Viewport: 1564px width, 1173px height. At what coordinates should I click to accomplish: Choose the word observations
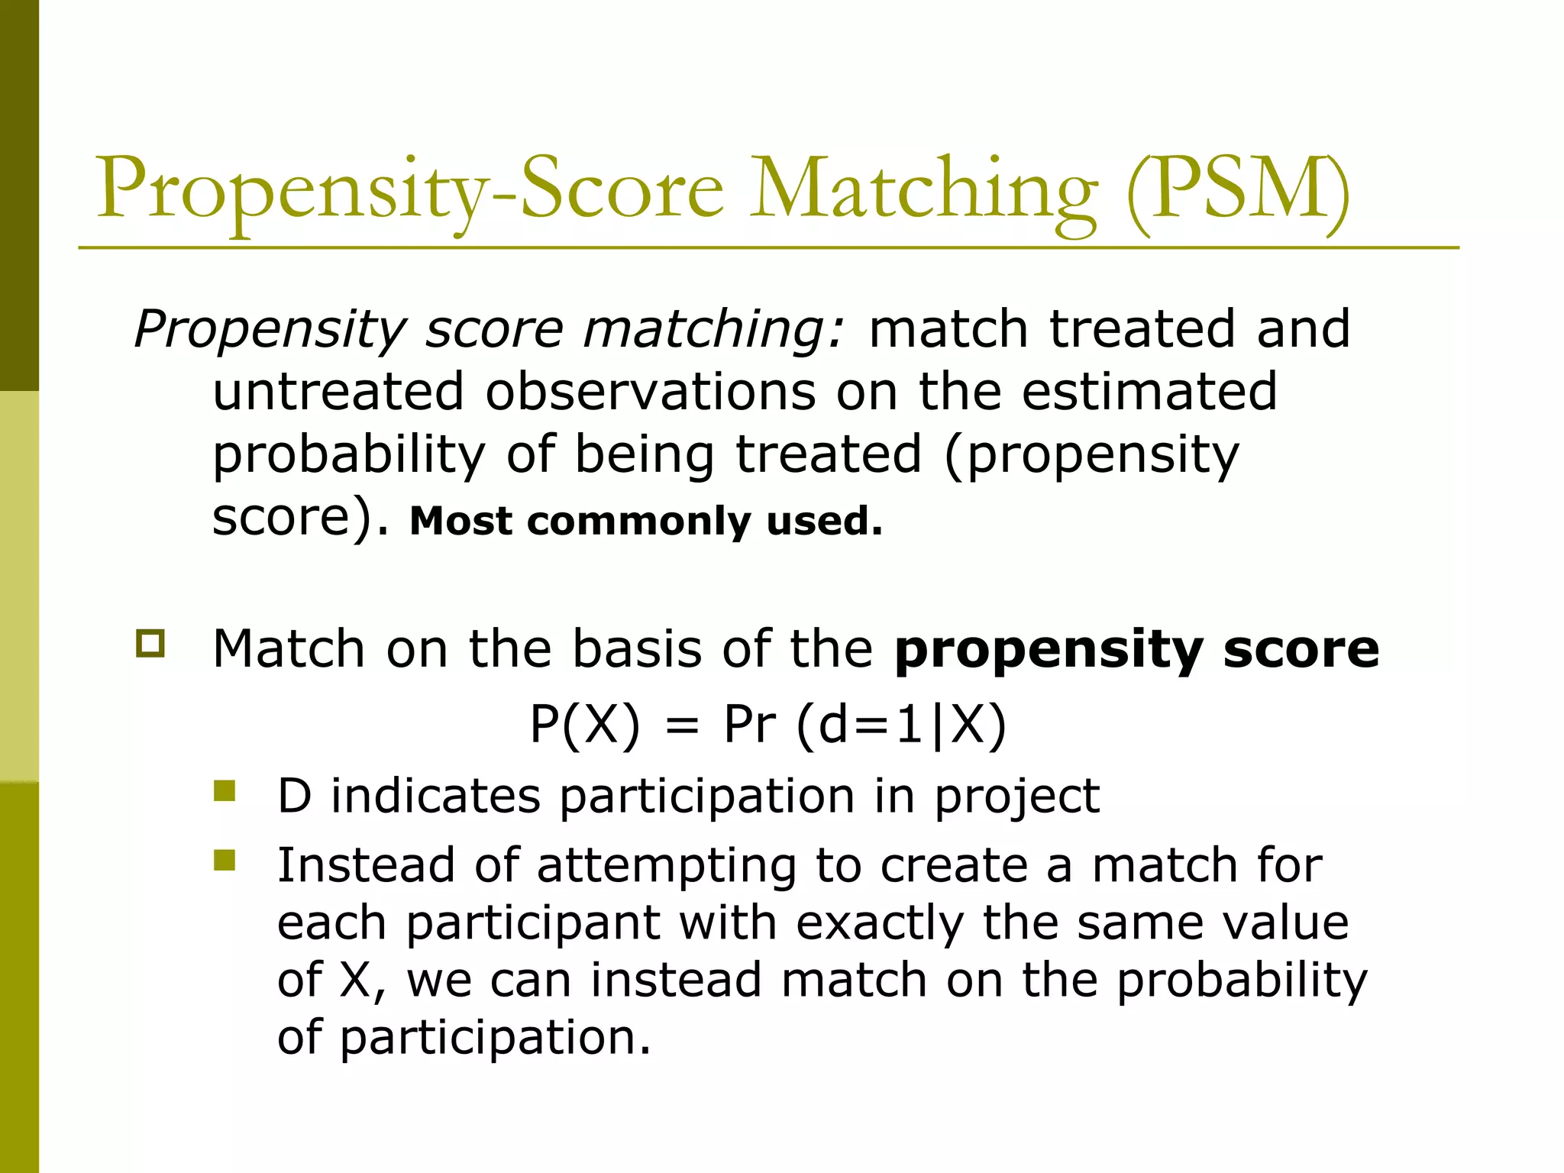[x=650, y=391]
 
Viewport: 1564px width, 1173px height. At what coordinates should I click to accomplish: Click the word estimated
[x=1149, y=391]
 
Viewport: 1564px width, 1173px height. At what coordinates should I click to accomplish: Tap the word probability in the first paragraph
[x=348, y=455]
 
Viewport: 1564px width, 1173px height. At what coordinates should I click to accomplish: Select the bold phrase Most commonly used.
[x=646, y=521]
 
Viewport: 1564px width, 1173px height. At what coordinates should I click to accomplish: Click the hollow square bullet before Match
[x=150, y=643]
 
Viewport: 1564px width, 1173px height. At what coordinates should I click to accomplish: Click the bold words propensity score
[x=1136, y=649]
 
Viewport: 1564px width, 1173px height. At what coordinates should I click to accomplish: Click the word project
[x=1016, y=797]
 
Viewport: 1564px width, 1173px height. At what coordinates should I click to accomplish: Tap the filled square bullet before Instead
[x=225, y=860]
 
